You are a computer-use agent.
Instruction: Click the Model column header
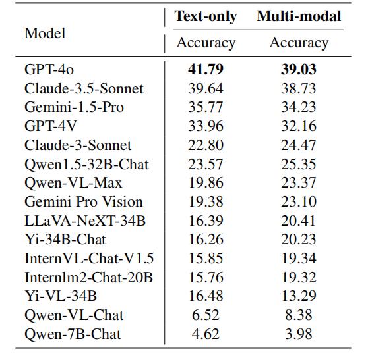[x=45, y=33]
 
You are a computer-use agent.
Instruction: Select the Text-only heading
[x=206, y=16]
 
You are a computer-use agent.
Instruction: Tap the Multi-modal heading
[x=299, y=16]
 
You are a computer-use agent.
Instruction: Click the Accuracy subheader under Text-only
[x=206, y=43]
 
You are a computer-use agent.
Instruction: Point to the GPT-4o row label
[x=49, y=70]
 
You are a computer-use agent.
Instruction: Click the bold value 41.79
[x=206, y=70]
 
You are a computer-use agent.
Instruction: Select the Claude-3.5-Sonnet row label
[x=84, y=88]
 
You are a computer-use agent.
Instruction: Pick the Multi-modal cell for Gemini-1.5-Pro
[x=299, y=107]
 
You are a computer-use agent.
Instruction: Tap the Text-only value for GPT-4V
[x=206, y=126]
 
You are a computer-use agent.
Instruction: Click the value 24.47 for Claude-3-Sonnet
[x=299, y=145]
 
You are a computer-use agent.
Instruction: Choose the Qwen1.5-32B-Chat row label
[x=86, y=165]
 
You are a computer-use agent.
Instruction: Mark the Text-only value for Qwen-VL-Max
[x=206, y=183]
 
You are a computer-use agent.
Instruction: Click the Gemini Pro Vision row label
[x=84, y=202]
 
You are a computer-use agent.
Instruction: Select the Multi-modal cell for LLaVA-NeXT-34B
[x=299, y=221]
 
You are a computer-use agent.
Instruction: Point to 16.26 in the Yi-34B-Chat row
[x=206, y=240]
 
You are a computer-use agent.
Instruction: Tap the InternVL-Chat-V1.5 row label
[x=89, y=258]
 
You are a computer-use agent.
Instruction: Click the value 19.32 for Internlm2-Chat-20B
[x=299, y=277]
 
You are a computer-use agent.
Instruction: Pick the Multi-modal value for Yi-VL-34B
[x=299, y=296]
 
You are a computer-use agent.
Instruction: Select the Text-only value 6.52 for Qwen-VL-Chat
[x=206, y=315]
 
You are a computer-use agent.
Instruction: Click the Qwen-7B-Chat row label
[x=73, y=334]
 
